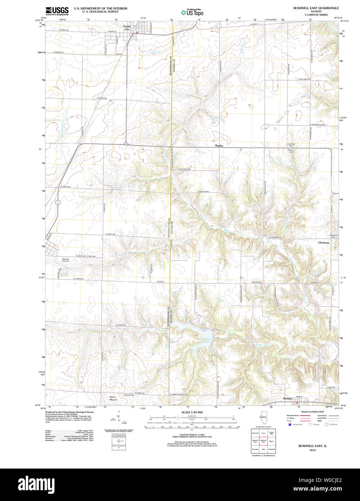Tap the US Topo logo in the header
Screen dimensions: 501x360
[192, 12]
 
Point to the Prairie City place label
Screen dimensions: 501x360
[127, 27]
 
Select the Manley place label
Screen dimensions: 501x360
[219, 146]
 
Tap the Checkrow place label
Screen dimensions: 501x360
[324, 243]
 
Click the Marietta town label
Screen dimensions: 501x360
[287, 399]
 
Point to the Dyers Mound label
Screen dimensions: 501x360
[113, 398]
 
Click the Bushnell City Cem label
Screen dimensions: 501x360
[66, 260]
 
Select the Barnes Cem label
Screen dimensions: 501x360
[256, 282]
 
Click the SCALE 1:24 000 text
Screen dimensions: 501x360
[192, 412]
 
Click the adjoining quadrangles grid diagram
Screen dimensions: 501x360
[263, 440]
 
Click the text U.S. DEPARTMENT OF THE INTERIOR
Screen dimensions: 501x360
[100, 8]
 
